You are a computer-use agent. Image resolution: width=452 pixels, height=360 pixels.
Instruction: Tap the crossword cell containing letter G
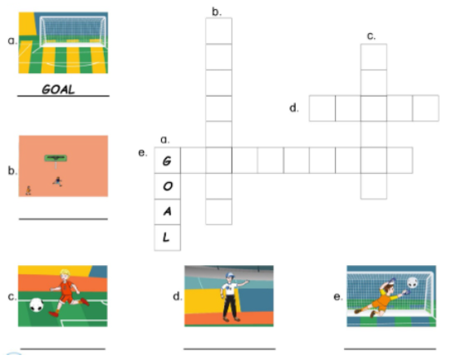tap(168, 160)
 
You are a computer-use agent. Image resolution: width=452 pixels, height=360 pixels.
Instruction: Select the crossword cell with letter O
tap(168, 186)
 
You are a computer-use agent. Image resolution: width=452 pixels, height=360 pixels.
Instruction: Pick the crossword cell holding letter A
tap(168, 212)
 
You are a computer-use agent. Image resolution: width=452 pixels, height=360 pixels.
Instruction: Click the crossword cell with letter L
tap(168, 238)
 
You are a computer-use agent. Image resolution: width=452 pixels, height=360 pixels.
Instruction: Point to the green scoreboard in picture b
tap(56, 156)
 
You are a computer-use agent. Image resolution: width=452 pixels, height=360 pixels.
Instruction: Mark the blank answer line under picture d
tap(228, 348)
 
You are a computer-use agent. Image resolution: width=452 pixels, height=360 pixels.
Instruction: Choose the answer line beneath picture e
tap(389, 348)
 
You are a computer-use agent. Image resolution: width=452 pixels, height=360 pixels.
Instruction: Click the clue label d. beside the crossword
tap(294, 109)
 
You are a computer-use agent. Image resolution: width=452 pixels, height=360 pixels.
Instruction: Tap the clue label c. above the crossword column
tap(371, 35)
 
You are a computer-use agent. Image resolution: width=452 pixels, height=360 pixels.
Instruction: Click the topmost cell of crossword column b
tap(219, 32)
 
